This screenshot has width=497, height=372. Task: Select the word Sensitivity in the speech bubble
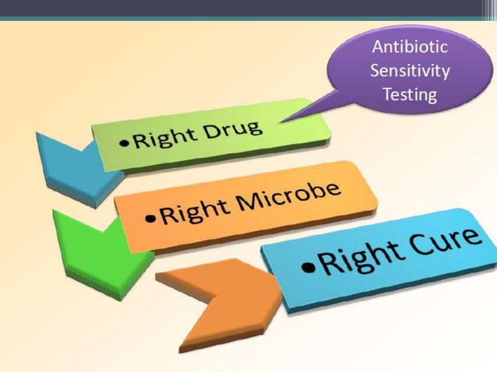tap(410, 72)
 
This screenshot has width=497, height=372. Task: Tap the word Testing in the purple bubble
tap(410, 97)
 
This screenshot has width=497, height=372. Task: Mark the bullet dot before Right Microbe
tap(153, 217)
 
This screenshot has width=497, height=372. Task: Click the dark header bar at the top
tap(248, 8)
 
